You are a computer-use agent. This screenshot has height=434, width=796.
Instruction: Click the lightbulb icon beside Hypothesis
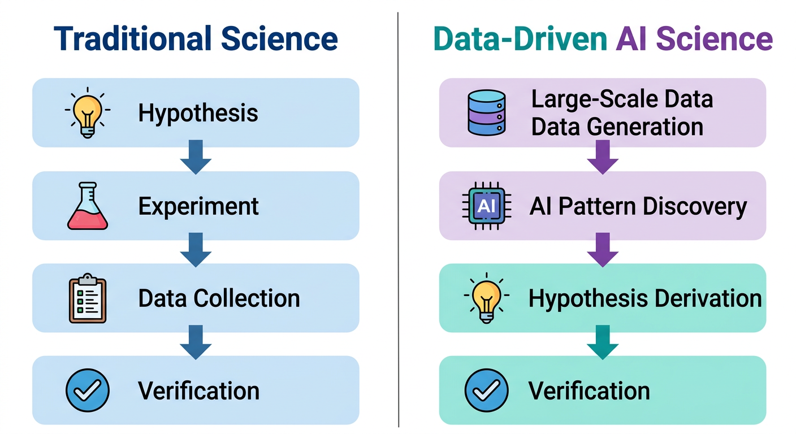pyautogui.click(x=88, y=112)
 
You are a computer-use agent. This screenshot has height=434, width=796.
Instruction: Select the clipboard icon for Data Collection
pyautogui.click(x=88, y=298)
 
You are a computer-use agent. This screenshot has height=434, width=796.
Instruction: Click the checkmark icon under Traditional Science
pyautogui.click(x=88, y=390)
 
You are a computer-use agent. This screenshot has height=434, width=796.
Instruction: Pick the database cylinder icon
pyautogui.click(x=486, y=112)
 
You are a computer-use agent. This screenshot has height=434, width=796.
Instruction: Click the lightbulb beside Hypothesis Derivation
pyautogui.click(x=486, y=299)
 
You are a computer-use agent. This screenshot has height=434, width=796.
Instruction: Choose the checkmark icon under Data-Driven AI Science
pyautogui.click(x=486, y=390)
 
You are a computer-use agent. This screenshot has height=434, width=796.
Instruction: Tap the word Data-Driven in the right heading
pyautogui.click(x=520, y=38)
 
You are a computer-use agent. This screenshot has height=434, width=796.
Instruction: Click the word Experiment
pyautogui.click(x=198, y=206)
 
